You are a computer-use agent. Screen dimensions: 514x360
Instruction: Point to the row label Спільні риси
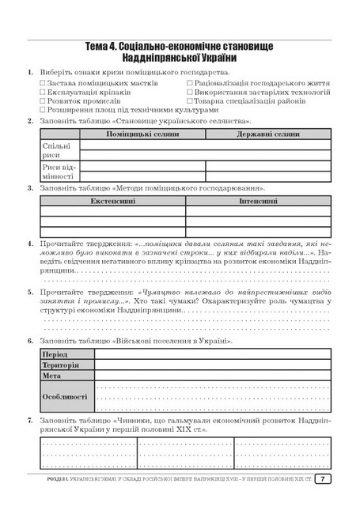pyautogui.click(x=52, y=150)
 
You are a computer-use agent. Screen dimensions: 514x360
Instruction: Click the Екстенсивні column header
pyautogui.click(x=112, y=202)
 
